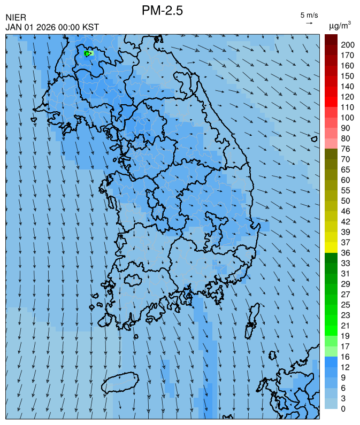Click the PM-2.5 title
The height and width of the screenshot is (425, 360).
point(163,11)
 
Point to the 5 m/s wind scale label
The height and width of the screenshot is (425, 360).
point(309,14)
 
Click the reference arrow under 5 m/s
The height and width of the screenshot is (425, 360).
point(309,23)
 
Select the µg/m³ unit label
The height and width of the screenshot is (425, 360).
point(340,25)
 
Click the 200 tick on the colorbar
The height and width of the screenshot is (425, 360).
point(348,45)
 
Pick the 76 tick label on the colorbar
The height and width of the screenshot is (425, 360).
point(346,149)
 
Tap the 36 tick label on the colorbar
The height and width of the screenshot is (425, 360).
point(346,252)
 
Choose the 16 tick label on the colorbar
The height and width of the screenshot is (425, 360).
point(346,357)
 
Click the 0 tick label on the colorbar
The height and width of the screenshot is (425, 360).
point(343,408)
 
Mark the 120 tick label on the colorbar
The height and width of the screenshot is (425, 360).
point(348,97)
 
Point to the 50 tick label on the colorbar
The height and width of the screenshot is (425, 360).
point(346,200)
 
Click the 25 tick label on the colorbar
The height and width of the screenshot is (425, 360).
point(346,304)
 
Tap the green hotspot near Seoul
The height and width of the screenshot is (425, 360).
point(87,53)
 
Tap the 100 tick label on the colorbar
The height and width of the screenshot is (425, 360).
point(348,118)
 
